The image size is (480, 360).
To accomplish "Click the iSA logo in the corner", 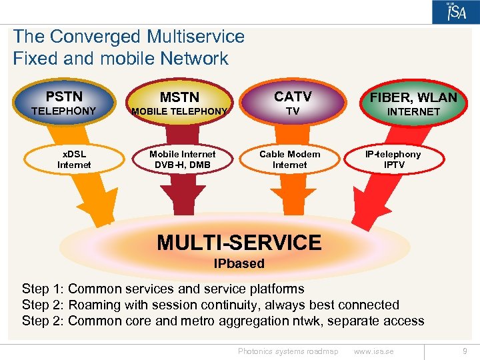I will click(x=455, y=12).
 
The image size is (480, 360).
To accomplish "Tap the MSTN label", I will click(x=179, y=97).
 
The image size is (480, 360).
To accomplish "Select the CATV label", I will click(x=292, y=96).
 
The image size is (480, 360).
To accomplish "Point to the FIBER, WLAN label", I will click(x=413, y=97).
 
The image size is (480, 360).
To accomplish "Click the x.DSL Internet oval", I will click(x=74, y=159).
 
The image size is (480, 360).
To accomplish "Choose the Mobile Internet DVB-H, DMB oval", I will click(x=183, y=159).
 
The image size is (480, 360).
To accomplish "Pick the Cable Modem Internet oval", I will click(x=289, y=159).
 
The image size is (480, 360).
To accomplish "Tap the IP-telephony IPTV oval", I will click(x=394, y=159).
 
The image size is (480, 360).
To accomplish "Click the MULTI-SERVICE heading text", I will click(x=239, y=243).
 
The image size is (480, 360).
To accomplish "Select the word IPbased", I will click(x=239, y=263).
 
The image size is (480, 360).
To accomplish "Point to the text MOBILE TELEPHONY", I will click(x=179, y=111).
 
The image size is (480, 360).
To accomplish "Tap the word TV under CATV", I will click(x=292, y=111).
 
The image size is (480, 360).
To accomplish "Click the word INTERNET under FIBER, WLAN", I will click(x=413, y=112).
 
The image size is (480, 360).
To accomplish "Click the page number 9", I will click(x=465, y=351).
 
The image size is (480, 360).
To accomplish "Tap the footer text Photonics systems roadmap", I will click(x=288, y=351).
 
